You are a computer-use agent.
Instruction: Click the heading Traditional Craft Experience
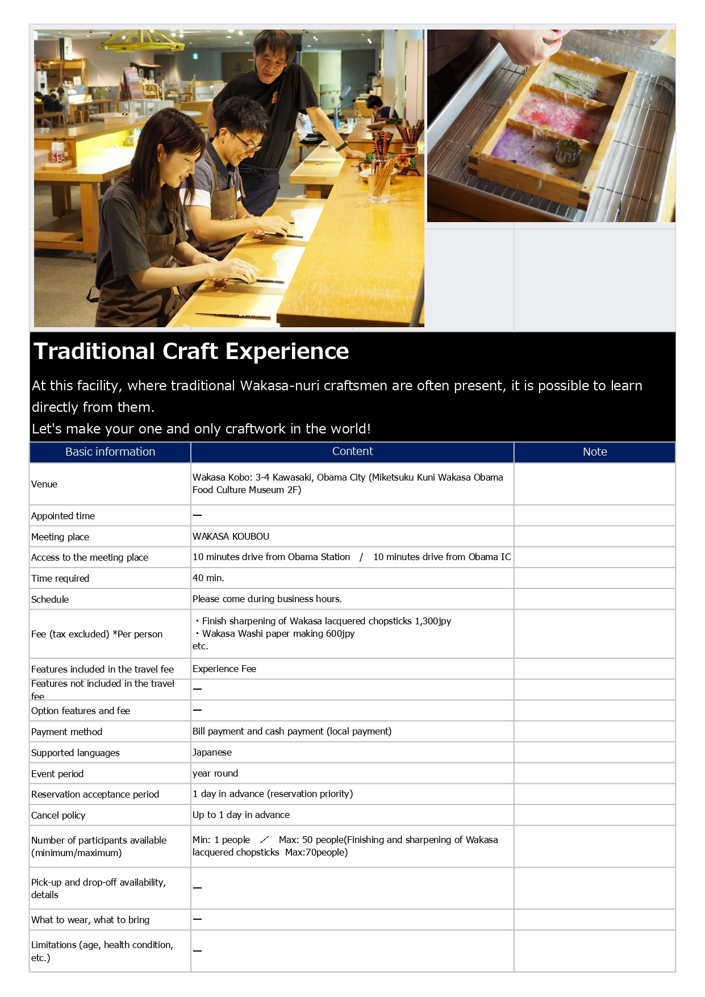191,351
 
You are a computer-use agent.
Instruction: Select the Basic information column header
110,452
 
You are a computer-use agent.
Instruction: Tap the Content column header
352,451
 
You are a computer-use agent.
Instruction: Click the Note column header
595,452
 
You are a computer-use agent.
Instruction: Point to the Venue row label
44,484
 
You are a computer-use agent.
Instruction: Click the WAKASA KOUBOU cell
231,536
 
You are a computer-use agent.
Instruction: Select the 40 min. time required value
208,578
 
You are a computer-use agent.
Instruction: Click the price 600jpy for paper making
340,633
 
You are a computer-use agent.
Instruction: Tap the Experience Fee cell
224,669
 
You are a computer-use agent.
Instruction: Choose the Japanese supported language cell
212,752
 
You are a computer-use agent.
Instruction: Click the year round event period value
215,773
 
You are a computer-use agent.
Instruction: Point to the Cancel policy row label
58,815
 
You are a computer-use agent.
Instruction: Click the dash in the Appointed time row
197,515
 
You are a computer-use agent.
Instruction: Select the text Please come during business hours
267,599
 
